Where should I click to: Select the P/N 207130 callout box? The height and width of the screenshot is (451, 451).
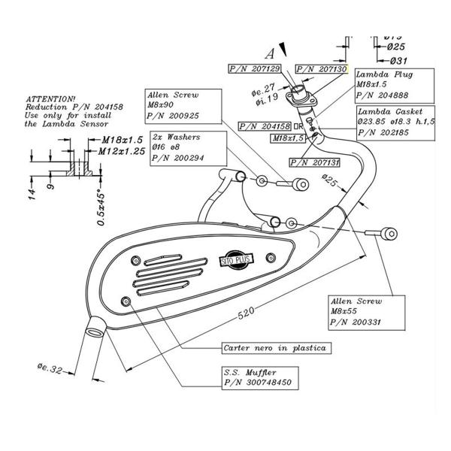coord(322,68)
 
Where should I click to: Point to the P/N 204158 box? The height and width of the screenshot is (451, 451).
coord(266,126)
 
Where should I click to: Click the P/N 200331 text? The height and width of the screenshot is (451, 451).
coord(353,322)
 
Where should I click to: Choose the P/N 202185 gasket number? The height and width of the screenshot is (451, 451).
coord(385,132)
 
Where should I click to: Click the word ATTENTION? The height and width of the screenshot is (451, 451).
coord(51,98)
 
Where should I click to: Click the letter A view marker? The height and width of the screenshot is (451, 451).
coord(268,53)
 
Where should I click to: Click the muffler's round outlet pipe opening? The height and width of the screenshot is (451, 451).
coord(95,326)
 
